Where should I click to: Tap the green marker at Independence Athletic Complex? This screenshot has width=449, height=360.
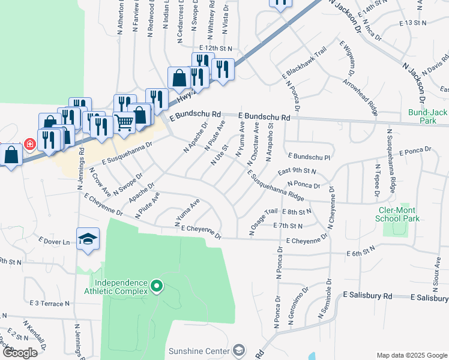pos(157,286)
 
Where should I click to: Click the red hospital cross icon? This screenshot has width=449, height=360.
pos(29,144)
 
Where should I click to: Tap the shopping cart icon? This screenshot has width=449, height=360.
pos(124,122)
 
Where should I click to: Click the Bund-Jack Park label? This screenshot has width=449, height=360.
pos(427,116)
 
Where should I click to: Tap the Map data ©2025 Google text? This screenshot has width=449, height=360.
pos(411,355)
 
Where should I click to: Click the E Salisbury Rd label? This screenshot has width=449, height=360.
pos(367,296)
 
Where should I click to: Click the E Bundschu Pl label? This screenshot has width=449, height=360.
pos(309,155)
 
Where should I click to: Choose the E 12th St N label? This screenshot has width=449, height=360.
pos(215,47)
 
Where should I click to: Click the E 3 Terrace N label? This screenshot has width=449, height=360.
pos(50,304)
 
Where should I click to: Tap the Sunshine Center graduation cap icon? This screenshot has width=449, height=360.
pos(239,350)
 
